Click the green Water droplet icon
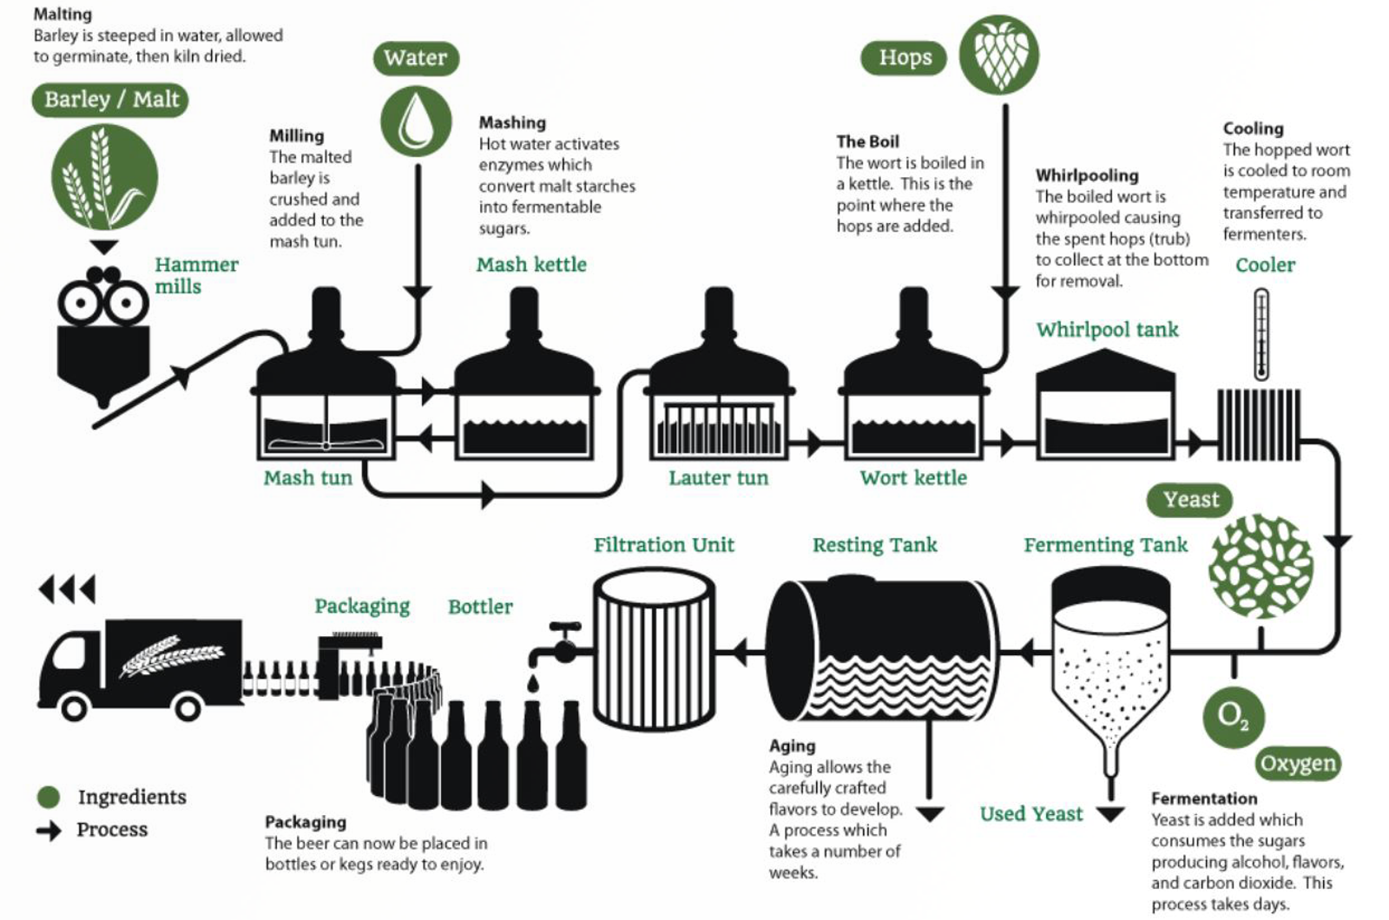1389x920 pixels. tap(416, 121)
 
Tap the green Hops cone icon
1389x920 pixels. tap(999, 54)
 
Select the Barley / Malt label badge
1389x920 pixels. tap(110, 100)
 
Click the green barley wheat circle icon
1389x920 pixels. tap(104, 177)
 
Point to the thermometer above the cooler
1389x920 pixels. tap(1261, 334)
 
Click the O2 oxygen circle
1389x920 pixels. tap(1233, 717)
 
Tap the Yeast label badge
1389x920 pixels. tap(1190, 500)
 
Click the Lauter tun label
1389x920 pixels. tap(718, 478)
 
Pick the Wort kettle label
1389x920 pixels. tap(912, 478)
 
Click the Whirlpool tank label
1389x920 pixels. tap(1107, 330)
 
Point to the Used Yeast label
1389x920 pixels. tap(1031, 814)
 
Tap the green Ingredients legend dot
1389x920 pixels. tap(49, 797)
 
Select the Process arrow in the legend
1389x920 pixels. tap(49, 831)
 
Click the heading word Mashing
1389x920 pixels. tap(512, 123)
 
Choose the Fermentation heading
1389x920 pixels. tap(1204, 798)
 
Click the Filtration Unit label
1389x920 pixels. tap(663, 545)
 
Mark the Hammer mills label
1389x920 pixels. tap(196, 275)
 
